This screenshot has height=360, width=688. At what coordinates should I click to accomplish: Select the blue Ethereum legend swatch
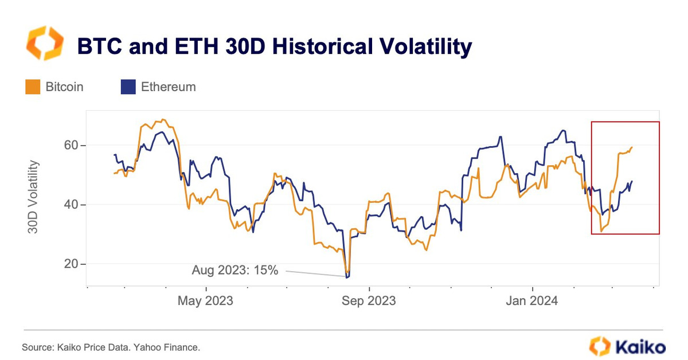click(127, 87)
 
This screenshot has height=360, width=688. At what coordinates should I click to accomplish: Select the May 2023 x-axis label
click(206, 300)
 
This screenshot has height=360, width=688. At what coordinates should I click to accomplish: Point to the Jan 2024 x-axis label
click(533, 300)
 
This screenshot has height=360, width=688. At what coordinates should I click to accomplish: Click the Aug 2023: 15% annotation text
click(235, 270)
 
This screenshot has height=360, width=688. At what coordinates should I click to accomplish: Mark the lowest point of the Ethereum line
click(347, 277)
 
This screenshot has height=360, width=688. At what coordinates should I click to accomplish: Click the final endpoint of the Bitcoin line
click(632, 147)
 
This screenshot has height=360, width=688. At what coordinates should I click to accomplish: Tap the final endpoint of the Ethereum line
click(632, 182)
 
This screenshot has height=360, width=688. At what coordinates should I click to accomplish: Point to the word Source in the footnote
click(35, 348)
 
